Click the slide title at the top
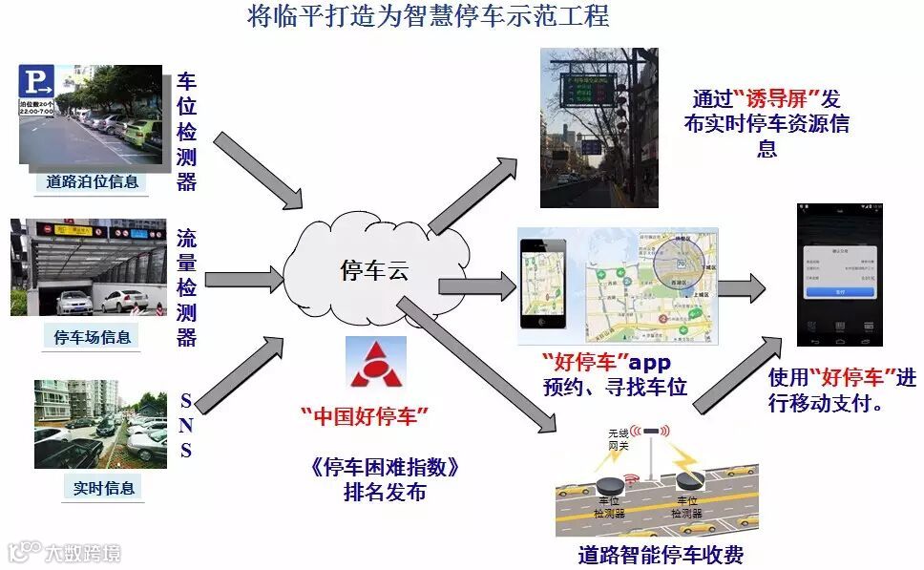point(428,17)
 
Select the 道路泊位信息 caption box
point(92,181)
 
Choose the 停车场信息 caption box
point(92,337)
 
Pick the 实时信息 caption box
point(104,488)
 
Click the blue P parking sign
point(39,82)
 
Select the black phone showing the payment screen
point(839,274)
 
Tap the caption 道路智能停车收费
point(660,555)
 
